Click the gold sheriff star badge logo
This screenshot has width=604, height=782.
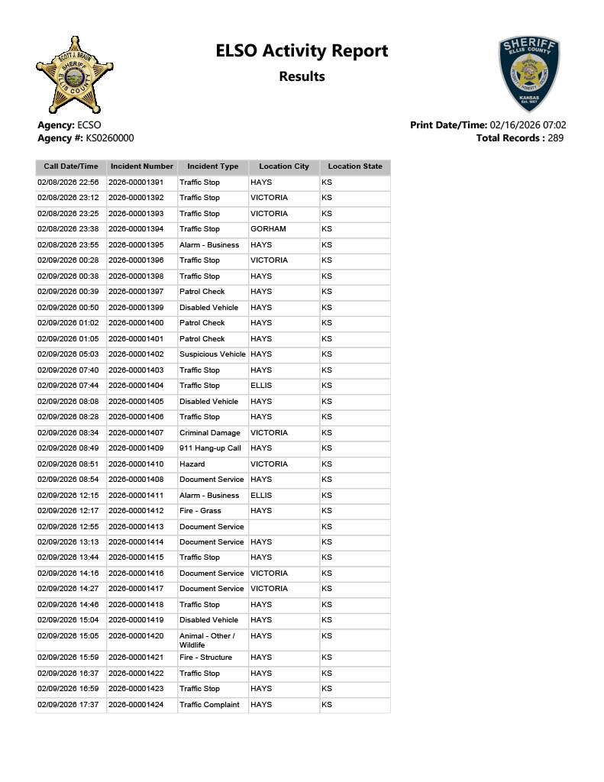coord(74,74)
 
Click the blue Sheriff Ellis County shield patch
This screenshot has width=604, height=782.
coord(528,73)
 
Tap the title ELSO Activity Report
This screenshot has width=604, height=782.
coord(302,51)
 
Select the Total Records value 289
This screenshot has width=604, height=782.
coord(555,138)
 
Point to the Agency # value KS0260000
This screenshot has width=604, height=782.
coord(104,138)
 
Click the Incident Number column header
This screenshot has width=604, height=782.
coord(142,166)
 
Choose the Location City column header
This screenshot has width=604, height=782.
coord(284,166)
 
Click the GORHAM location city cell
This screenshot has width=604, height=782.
coord(268,229)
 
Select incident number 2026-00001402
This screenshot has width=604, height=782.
coord(136,354)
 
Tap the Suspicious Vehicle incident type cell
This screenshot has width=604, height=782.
coord(212,354)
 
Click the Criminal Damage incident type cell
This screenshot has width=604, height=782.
coord(209,433)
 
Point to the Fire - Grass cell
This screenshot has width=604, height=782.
coord(200,511)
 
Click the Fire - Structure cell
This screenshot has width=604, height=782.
coord(205,658)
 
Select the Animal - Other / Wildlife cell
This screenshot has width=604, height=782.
coord(207,641)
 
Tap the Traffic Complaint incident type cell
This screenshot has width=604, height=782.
coord(209,705)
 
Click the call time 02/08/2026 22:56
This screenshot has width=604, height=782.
coord(68,183)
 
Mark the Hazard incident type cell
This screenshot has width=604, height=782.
coord(192,464)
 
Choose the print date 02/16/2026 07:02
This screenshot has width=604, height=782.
coord(528,125)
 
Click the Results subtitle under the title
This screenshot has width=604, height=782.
coord(302,76)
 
